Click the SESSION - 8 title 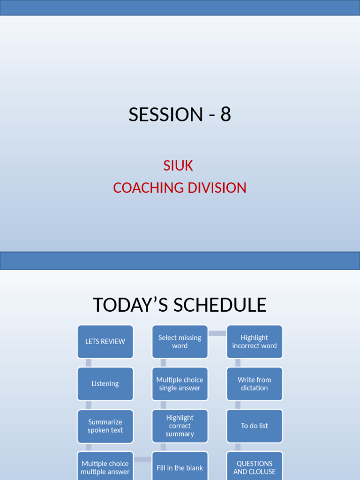click(180, 115)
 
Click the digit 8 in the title click(226, 115)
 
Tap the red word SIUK click(178, 165)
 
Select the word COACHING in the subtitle click(148, 188)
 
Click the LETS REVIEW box click(105, 342)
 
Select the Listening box click(105, 384)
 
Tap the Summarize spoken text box click(105, 426)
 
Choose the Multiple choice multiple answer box click(105, 467)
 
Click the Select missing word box click(180, 342)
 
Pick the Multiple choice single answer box click(180, 384)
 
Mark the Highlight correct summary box click(180, 426)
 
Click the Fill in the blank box click(180, 467)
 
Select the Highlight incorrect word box click(255, 342)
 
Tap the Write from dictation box click(255, 384)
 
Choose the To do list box click(255, 426)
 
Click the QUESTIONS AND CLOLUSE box click(255, 467)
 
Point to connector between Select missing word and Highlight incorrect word click(217, 333)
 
